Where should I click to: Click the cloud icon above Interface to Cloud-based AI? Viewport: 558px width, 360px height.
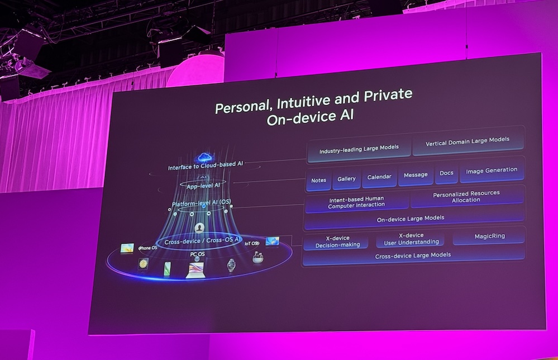pyautogui.click(x=204, y=157)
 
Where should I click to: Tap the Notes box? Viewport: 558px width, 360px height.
pyautogui.click(x=318, y=181)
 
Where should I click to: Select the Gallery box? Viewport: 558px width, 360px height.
pyautogui.click(x=347, y=179)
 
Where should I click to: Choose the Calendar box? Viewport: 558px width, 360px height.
pyautogui.click(x=379, y=177)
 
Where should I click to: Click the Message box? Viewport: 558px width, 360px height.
pyautogui.click(x=416, y=175)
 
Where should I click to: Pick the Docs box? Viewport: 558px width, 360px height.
pyautogui.click(x=446, y=173)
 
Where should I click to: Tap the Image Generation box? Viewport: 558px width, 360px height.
pyautogui.click(x=492, y=170)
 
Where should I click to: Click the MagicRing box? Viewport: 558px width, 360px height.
pyautogui.click(x=489, y=236)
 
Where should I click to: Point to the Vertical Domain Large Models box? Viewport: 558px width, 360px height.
pyautogui.click(x=468, y=141)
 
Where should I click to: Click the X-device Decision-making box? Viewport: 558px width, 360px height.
pyautogui.click(x=337, y=241)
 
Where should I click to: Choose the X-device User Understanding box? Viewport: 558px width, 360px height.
pyautogui.click(x=411, y=239)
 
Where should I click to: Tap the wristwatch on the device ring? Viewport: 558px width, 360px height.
pyautogui.click(x=231, y=266)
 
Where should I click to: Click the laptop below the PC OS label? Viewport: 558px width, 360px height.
pyautogui.click(x=195, y=270)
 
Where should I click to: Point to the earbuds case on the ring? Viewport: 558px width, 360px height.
pyautogui.click(x=257, y=258)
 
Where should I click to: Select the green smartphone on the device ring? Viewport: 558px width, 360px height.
pyautogui.click(x=167, y=269)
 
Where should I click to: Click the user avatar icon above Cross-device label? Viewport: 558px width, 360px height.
pyautogui.click(x=199, y=228)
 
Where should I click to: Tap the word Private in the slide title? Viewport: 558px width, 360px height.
pyautogui.click(x=388, y=96)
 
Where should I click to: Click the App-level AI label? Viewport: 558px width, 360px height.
pyautogui.click(x=203, y=186)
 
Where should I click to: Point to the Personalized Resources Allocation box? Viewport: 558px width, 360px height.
pyautogui.click(x=466, y=197)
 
